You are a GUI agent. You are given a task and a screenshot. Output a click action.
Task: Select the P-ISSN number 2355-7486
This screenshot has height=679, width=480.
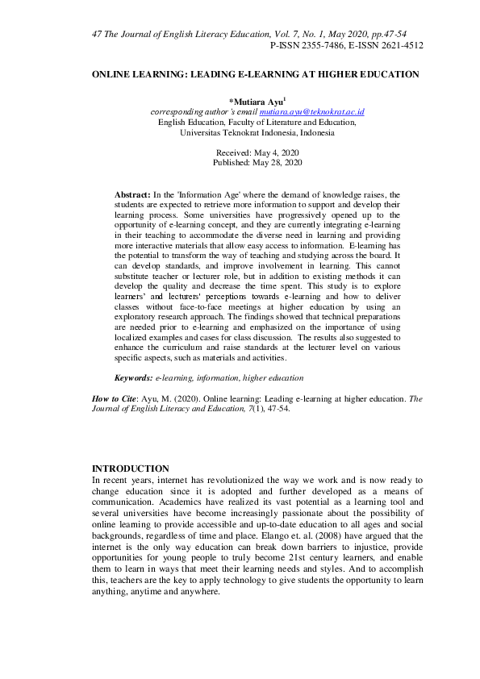pos(327,46)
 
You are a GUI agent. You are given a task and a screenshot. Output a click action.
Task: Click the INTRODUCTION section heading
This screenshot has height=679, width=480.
pos(131,469)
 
